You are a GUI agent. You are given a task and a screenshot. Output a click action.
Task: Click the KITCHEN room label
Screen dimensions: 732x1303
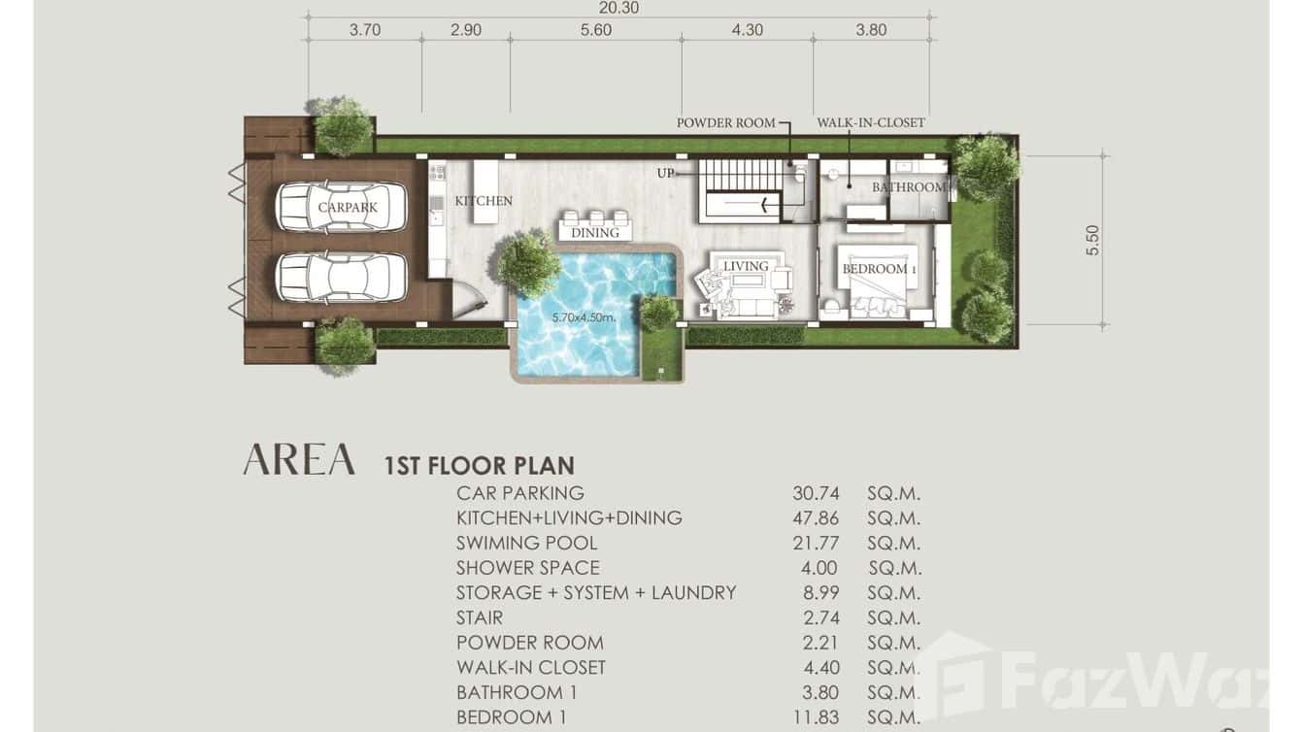click(484, 201)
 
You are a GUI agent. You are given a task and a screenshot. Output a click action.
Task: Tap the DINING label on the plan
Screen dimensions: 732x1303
click(595, 233)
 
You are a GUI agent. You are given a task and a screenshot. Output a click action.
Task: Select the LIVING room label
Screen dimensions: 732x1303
click(746, 266)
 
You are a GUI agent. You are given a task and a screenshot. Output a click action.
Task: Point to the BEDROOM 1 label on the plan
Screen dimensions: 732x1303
click(875, 269)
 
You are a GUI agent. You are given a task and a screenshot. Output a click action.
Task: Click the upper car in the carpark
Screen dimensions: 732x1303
click(341, 207)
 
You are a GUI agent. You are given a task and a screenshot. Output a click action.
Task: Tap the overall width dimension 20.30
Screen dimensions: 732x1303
click(618, 8)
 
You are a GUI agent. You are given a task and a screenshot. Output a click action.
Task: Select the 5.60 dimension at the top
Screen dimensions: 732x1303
click(595, 30)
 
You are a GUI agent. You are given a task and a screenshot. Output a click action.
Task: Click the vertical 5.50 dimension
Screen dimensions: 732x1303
click(1092, 240)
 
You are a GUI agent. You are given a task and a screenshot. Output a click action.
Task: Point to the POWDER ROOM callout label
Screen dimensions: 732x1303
click(725, 123)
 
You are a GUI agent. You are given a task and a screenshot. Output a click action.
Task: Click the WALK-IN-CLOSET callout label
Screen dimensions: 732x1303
click(870, 123)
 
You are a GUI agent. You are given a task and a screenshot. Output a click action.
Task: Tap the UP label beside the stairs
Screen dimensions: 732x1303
click(665, 173)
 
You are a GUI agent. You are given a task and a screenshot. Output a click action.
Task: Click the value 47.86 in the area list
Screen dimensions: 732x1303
click(816, 518)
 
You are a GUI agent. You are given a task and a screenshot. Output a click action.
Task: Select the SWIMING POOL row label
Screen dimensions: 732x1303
click(527, 544)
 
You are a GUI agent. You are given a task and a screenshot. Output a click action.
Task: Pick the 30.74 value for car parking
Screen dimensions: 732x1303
click(816, 493)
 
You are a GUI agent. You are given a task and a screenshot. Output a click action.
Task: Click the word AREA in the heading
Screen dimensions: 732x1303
click(299, 460)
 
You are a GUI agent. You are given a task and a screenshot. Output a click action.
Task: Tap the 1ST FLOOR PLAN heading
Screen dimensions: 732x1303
click(480, 466)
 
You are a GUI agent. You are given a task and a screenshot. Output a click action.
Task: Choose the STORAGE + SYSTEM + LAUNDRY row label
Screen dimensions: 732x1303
click(596, 593)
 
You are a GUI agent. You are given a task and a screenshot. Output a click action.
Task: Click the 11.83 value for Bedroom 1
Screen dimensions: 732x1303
click(816, 717)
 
